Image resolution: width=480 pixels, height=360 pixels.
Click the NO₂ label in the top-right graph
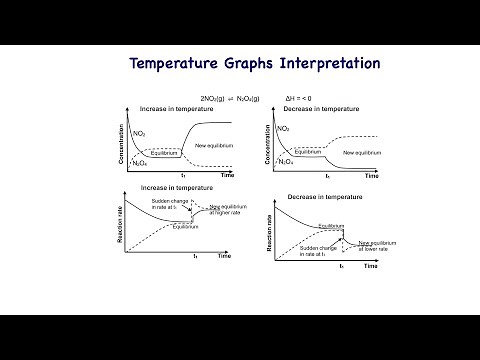pos(284,129)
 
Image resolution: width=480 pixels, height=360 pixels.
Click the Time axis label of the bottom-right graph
pos(370,267)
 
